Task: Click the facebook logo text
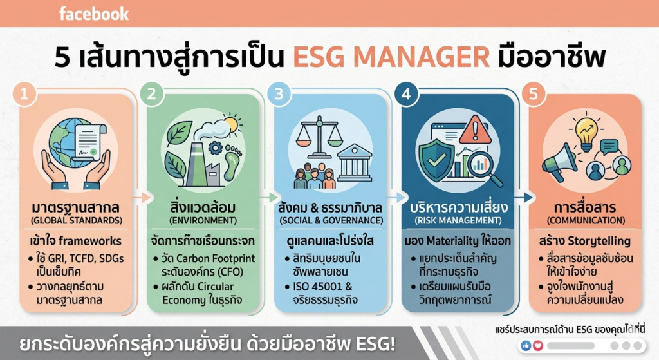[94, 14]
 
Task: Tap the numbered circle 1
[24, 93]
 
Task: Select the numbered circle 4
[406, 93]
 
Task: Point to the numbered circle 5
[534, 93]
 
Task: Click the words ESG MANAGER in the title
[391, 57]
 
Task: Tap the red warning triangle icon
[475, 129]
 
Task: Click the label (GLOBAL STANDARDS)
[77, 220]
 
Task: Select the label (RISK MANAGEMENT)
[458, 220]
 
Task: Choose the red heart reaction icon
[538, 346]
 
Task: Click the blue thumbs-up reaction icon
[526, 346]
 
